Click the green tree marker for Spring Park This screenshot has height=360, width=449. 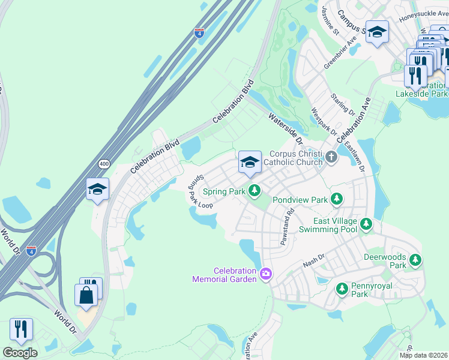255,191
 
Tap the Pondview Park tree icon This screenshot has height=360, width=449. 337,199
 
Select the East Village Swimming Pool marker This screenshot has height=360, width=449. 366,224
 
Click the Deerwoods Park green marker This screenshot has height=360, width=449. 415,260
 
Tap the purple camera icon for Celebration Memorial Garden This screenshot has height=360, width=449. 266,275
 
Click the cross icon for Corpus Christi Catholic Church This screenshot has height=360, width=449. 332,158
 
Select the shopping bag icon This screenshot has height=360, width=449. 86,295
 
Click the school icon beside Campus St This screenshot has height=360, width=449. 377,33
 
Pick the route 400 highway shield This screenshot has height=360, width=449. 104,163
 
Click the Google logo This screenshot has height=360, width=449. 20,352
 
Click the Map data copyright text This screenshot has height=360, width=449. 423,355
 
